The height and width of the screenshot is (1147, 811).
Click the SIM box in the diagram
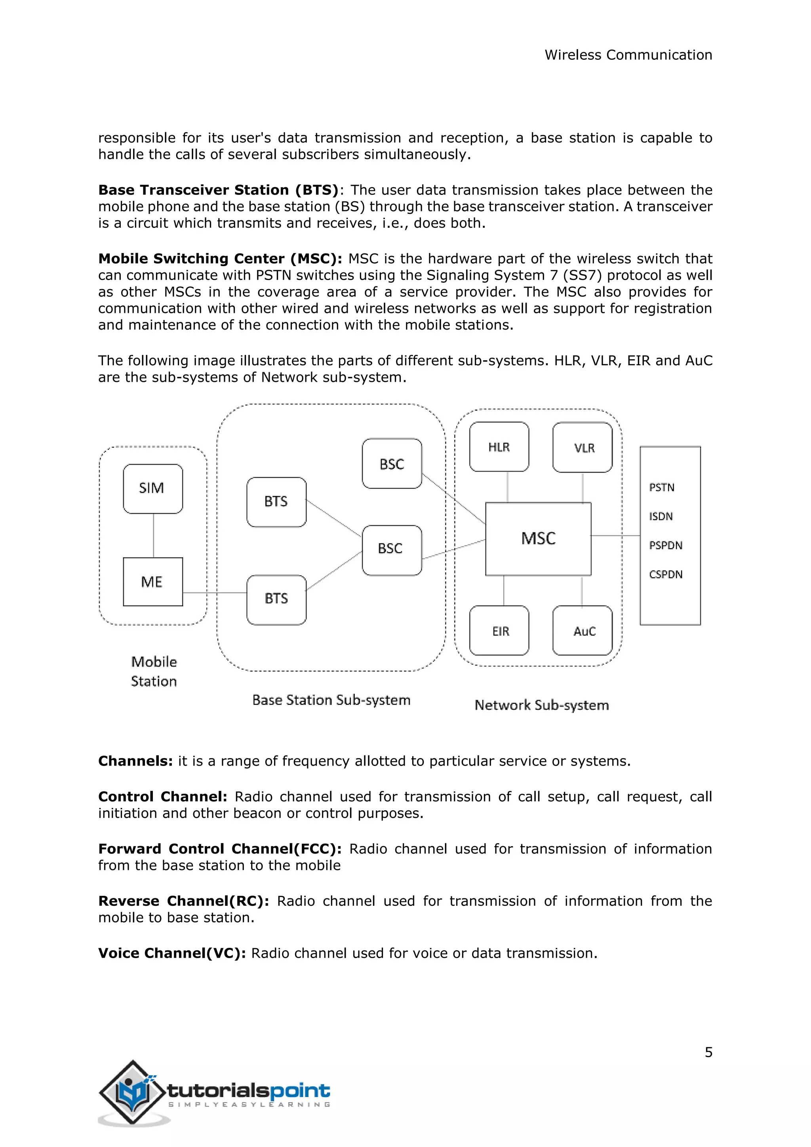tap(153, 489)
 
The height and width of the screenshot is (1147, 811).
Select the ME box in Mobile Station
tap(153, 581)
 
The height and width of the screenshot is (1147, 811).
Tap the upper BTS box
tap(276, 501)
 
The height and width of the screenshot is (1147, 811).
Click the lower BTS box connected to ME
tap(276, 599)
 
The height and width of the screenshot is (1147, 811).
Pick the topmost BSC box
tap(392, 464)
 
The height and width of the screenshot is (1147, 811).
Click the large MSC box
tap(538, 539)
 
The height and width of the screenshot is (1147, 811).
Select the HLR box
tap(499, 447)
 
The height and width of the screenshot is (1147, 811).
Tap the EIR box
tap(499, 631)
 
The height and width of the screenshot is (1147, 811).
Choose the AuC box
tap(583, 631)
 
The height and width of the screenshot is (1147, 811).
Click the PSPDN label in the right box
tap(666, 545)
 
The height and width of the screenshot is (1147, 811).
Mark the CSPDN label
tap(666, 575)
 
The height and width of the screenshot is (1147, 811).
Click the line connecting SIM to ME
tap(153, 535)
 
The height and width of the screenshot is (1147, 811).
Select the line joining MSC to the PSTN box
tap(615, 535)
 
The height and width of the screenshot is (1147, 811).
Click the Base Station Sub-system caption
tap(331, 700)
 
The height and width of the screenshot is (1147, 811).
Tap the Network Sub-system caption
tap(542, 705)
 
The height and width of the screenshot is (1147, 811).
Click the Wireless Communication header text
tap(628, 55)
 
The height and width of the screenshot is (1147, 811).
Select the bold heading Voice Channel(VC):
tap(172, 953)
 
